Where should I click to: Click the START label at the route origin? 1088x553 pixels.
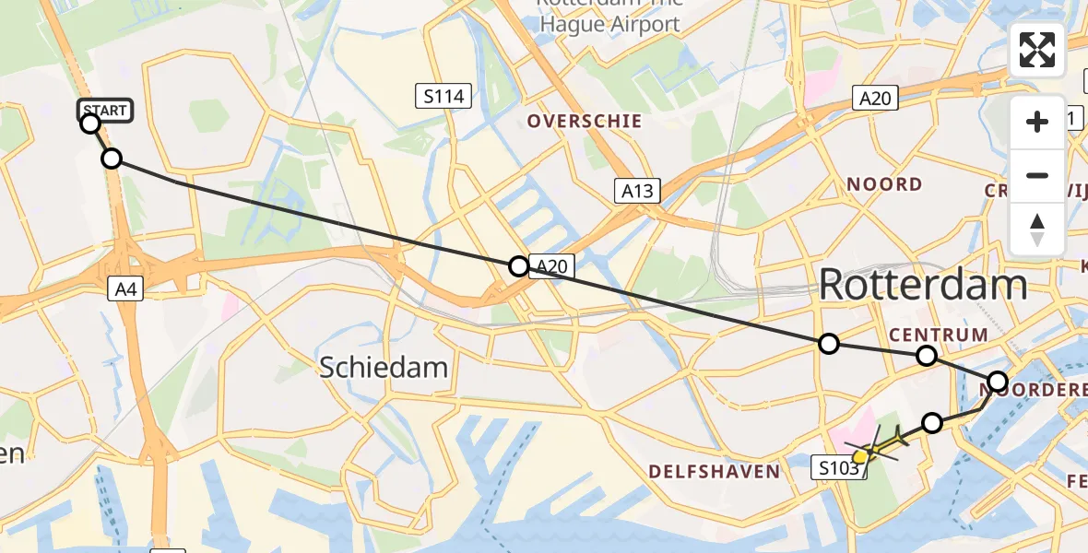point(105,111)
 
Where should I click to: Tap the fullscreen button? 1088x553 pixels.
point(1037,50)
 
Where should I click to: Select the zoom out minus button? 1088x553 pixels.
point(1037,175)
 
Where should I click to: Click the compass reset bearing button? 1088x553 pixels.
point(1037,229)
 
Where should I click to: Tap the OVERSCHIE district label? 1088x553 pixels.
point(584,121)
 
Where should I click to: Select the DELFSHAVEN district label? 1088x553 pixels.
point(714,472)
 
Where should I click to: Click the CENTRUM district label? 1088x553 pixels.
point(938,334)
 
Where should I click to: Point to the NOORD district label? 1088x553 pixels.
point(884,184)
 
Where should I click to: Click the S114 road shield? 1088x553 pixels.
point(443,95)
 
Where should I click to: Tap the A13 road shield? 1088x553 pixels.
point(637,191)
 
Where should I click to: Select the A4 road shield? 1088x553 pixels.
point(126,289)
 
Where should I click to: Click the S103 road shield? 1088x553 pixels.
point(840,469)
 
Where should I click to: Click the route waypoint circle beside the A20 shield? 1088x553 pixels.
point(519,267)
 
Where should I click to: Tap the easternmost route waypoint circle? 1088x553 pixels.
point(998,381)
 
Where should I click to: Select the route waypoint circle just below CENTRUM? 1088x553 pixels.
point(927,356)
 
